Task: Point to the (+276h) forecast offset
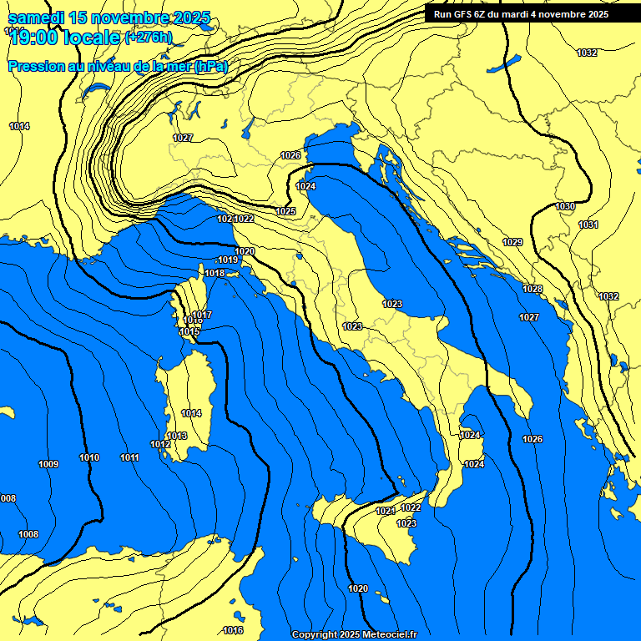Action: pos(148,38)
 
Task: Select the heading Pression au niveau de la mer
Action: pos(117,66)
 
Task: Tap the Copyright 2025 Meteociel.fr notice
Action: pos(354,634)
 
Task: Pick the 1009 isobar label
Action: pos(48,464)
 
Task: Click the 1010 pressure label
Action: pos(89,457)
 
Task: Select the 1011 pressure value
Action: pos(129,457)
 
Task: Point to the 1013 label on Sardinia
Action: pos(177,436)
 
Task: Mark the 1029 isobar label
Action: pos(512,242)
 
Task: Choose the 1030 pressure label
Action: pos(565,206)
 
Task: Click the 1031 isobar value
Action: pos(588,225)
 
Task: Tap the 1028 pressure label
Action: pos(532,289)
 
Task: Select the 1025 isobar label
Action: pos(286,211)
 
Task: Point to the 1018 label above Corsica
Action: pos(215,273)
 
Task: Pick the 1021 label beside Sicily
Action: pos(384,511)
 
